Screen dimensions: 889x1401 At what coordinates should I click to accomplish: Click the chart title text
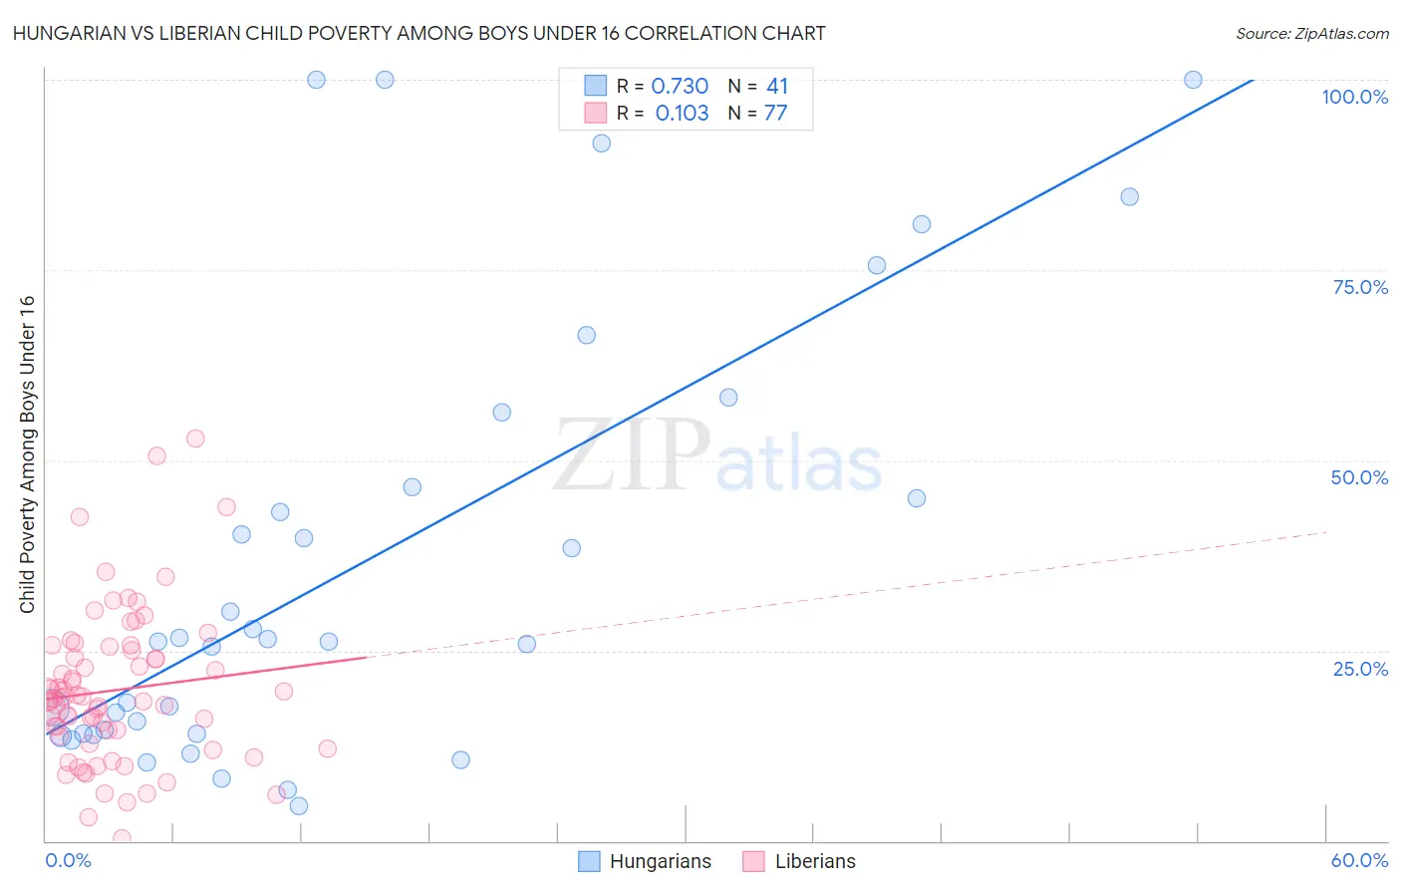click(x=419, y=33)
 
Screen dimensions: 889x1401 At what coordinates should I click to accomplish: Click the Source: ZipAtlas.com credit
click(x=1311, y=33)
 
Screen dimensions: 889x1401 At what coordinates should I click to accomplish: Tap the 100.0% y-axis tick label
click(x=1354, y=97)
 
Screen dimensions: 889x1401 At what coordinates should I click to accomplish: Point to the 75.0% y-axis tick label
click(x=1360, y=287)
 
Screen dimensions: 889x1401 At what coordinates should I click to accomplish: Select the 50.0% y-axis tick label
click(x=1359, y=477)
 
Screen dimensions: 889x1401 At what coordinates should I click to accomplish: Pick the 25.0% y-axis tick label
click(x=1360, y=668)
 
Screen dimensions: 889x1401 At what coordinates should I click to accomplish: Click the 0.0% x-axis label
click(x=68, y=860)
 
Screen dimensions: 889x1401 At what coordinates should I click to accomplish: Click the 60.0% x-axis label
click(x=1359, y=860)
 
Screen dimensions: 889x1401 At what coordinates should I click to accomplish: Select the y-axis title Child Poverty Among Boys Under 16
click(x=28, y=454)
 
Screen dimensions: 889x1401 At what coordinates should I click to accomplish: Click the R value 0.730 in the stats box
click(x=680, y=87)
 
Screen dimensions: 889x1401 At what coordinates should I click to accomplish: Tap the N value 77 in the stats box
click(x=775, y=114)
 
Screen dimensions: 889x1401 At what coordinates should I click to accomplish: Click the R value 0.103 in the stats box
click(x=682, y=114)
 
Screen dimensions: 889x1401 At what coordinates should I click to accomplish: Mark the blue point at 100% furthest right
click(x=1193, y=80)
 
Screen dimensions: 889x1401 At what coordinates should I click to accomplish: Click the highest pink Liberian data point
click(x=195, y=439)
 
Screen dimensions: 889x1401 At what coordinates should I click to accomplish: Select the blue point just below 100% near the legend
click(x=601, y=144)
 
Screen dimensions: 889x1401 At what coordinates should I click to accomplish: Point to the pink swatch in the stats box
click(x=595, y=113)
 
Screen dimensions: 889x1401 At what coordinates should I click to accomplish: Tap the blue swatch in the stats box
click(x=595, y=86)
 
